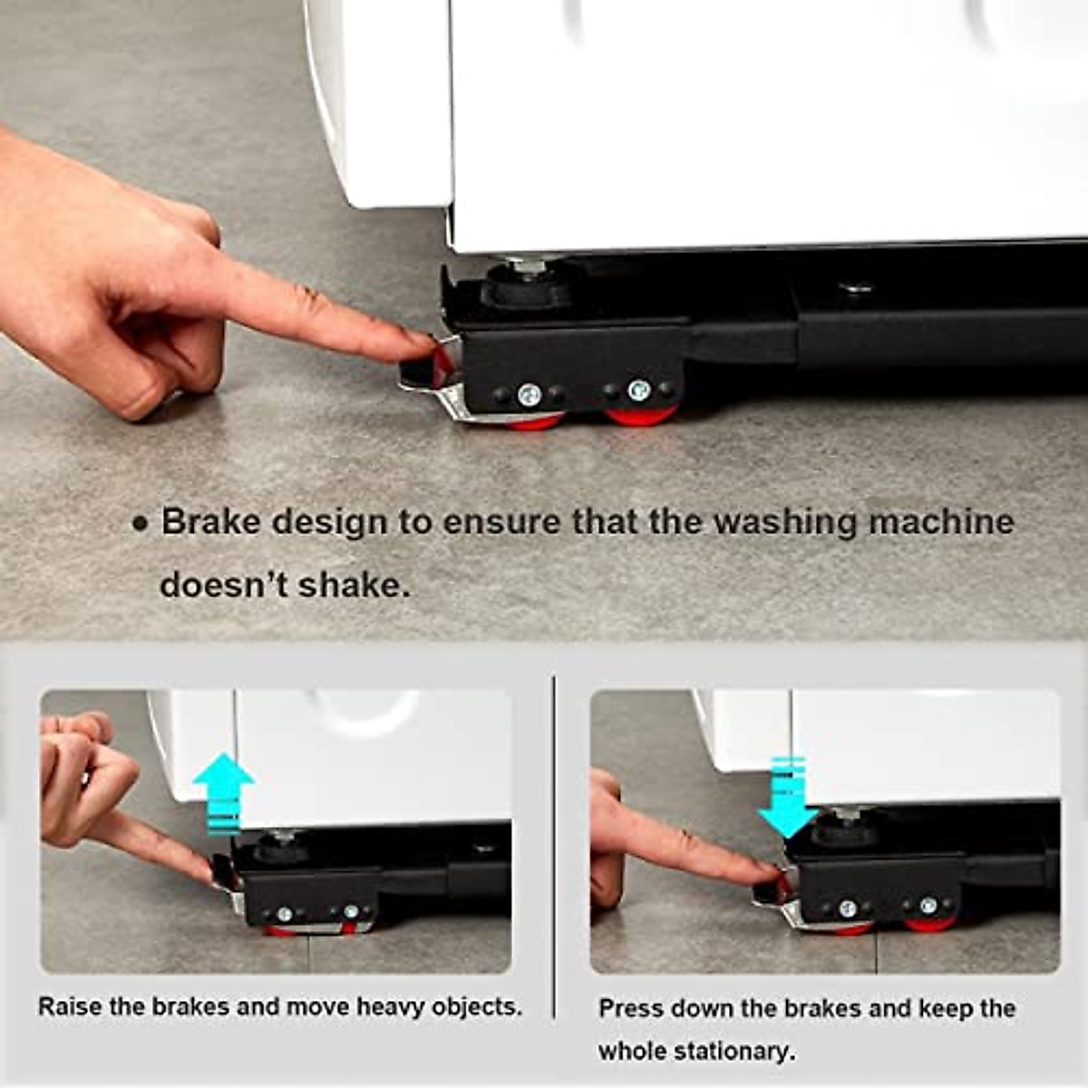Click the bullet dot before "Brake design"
click(x=139, y=524)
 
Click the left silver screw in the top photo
click(x=529, y=395)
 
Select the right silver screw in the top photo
click(x=639, y=391)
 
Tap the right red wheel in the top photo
click(x=641, y=416)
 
